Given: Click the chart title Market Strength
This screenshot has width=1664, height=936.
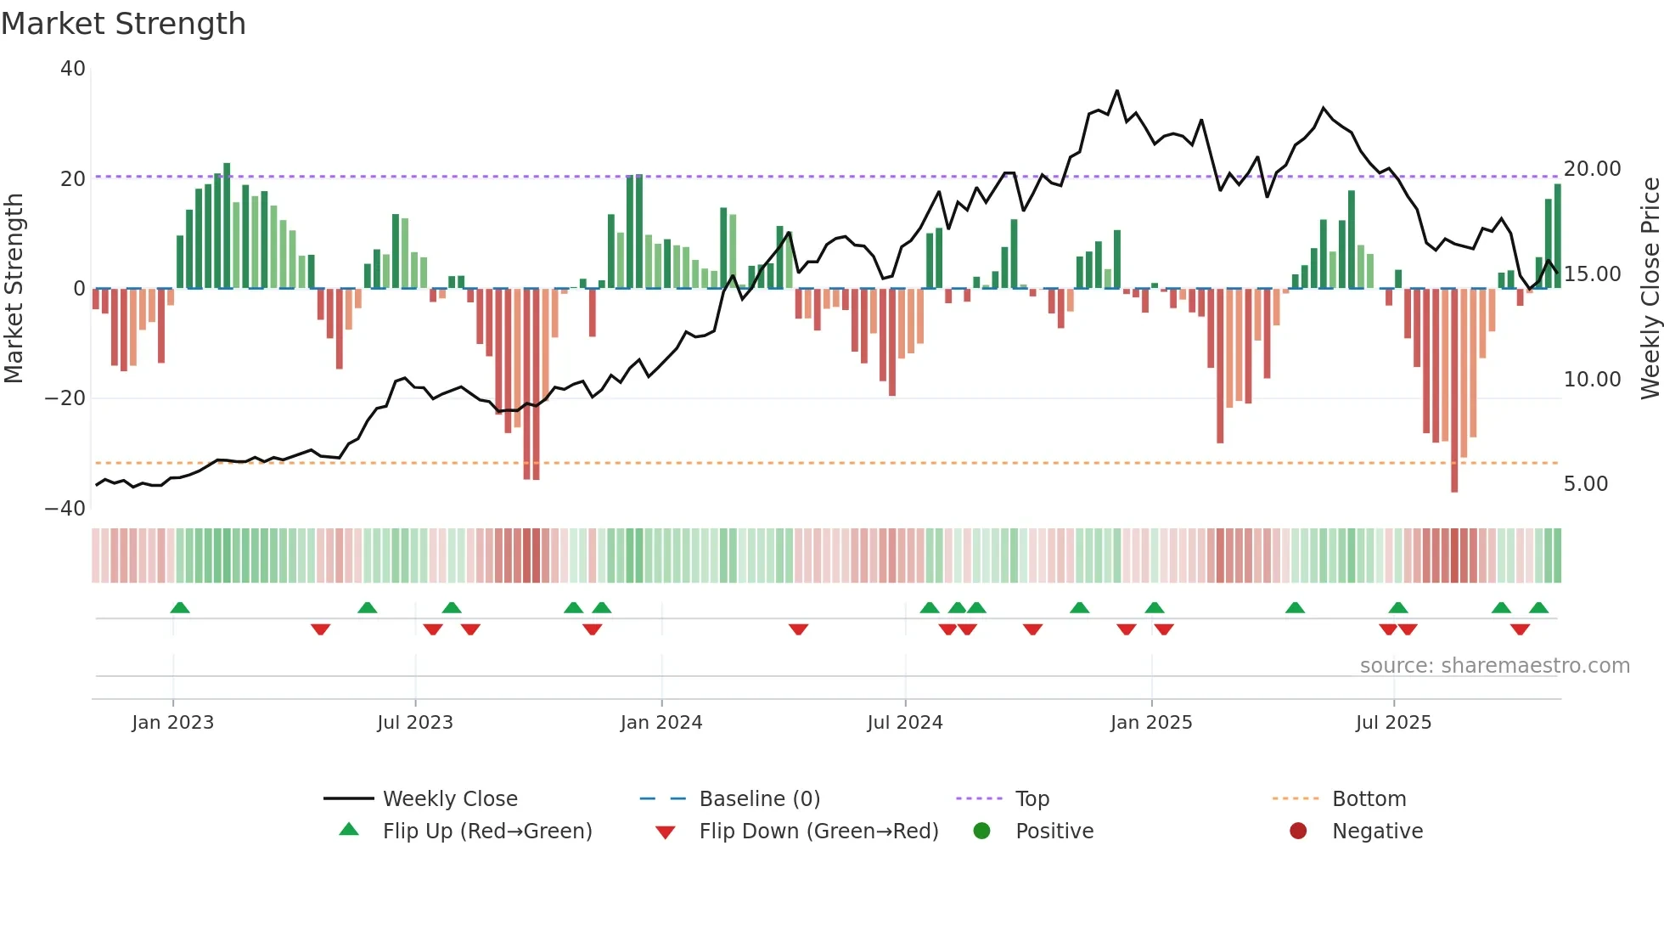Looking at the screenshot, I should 123,24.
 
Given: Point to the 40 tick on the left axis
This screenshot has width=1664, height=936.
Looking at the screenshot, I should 73,69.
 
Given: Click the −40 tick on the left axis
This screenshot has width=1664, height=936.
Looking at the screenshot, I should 65,509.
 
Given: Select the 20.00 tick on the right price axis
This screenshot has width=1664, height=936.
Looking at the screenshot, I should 1592,169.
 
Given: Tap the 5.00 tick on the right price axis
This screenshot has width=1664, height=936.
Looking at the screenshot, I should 1585,484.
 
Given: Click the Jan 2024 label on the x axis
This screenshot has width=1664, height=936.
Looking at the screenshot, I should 661,723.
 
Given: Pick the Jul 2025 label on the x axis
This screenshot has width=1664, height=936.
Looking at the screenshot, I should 1393,723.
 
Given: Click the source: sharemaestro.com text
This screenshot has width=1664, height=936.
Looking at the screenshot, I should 1494,666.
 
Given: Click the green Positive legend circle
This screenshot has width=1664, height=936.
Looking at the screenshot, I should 982,832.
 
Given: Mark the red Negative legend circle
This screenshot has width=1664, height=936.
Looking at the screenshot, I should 1298,832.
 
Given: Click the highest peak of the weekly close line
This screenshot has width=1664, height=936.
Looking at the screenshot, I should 1116,91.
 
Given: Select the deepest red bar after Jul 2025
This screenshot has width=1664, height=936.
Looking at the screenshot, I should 1454,391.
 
